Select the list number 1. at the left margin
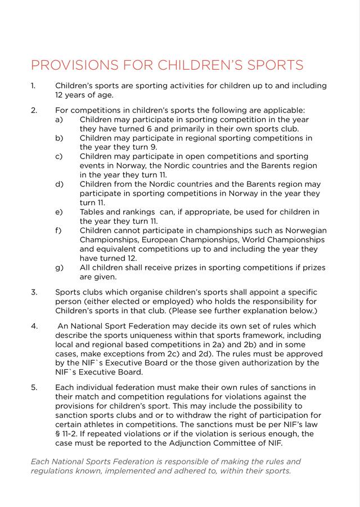[33, 86]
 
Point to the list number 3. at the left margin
[34, 292]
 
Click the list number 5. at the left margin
[34, 387]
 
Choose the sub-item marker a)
[59, 120]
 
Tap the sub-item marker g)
[59, 268]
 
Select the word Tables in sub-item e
[92, 212]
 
